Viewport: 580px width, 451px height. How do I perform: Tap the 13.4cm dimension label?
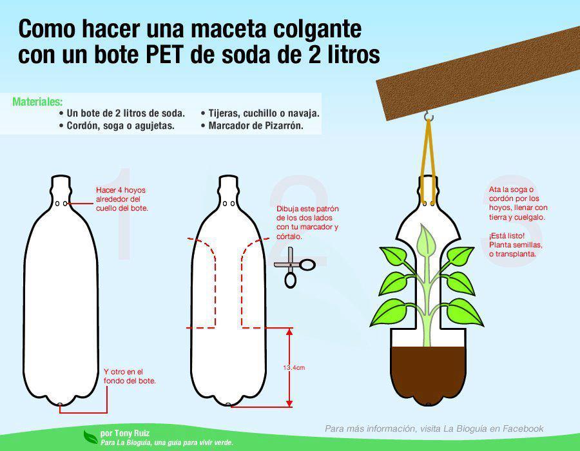(294, 367)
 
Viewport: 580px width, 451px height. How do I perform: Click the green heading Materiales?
(37, 102)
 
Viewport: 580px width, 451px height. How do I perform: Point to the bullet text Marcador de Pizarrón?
(256, 126)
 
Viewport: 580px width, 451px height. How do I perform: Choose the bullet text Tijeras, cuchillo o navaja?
(264, 113)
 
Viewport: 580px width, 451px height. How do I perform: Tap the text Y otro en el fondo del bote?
(130, 376)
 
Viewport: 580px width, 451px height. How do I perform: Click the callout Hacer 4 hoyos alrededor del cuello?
(122, 199)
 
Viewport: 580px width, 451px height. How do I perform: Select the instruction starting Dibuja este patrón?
(307, 222)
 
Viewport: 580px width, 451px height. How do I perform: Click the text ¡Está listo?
(507, 235)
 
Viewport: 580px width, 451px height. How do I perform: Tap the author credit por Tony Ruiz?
(125, 433)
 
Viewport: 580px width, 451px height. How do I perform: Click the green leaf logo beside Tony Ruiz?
(91, 437)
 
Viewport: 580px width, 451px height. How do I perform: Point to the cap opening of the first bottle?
(61, 177)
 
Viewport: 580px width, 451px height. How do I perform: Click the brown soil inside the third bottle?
(428, 374)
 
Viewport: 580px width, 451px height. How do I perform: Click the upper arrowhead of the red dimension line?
(289, 332)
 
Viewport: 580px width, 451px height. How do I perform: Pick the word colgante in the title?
(317, 30)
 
